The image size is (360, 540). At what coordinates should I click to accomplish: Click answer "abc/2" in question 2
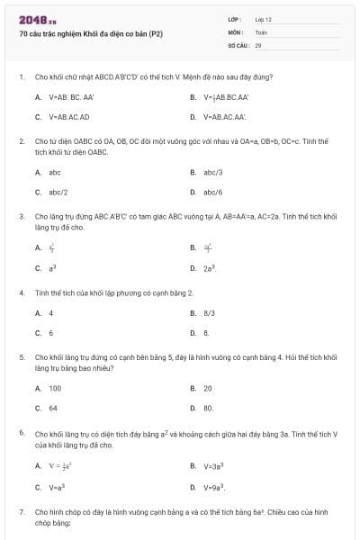(x=58, y=192)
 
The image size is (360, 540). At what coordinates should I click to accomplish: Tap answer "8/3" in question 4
(x=209, y=312)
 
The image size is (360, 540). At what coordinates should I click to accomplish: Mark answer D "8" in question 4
(x=206, y=333)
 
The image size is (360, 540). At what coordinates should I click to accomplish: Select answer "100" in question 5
(x=55, y=388)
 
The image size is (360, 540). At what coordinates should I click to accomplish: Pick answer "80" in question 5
(x=208, y=409)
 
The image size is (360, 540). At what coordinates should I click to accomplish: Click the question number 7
(x=21, y=511)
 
